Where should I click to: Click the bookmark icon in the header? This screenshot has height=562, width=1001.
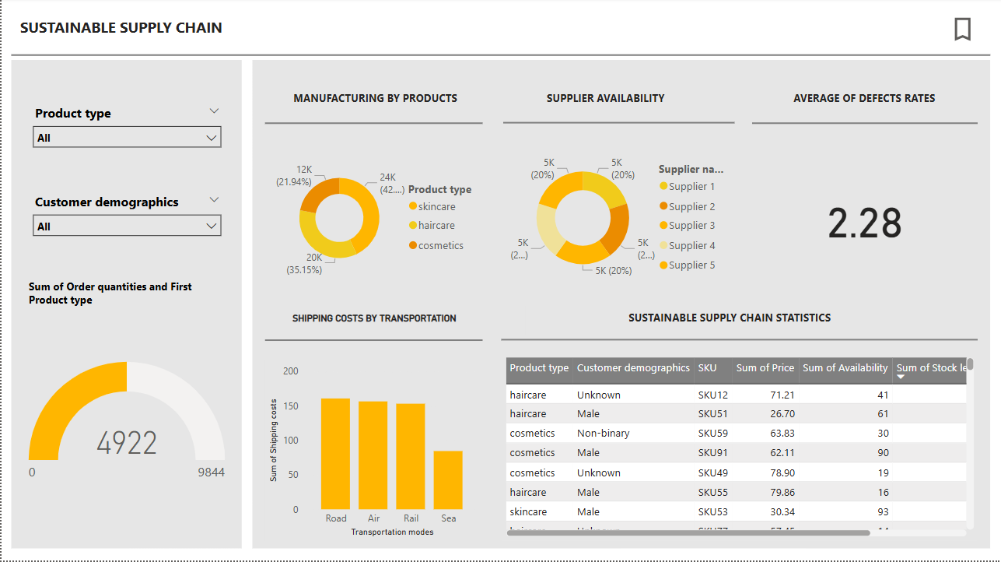(x=962, y=29)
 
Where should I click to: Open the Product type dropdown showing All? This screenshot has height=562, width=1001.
(x=127, y=138)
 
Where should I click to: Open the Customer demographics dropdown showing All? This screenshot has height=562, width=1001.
(x=127, y=227)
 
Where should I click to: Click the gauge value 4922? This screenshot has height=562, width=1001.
(x=127, y=443)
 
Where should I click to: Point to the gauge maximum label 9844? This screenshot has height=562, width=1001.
(x=210, y=472)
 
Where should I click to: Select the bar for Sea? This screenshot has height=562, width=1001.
(x=448, y=480)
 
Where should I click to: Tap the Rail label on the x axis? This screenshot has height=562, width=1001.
(x=411, y=518)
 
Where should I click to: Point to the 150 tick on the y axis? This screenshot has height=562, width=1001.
(x=290, y=406)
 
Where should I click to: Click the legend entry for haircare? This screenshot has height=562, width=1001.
(x=436, y=226)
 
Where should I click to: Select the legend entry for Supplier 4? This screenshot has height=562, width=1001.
(x=691, y=246)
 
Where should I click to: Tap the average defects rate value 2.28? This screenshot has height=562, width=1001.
(x=864, y=223)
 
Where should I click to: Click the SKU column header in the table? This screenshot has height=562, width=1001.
(x=708, y=368)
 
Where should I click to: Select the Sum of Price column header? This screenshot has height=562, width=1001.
(x=765, y=368)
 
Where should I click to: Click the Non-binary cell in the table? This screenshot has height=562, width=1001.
(x=603, y=434)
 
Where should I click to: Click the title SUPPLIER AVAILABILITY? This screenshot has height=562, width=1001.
(x=605, y=99)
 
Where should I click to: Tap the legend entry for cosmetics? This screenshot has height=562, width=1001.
(x=440, y=246)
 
